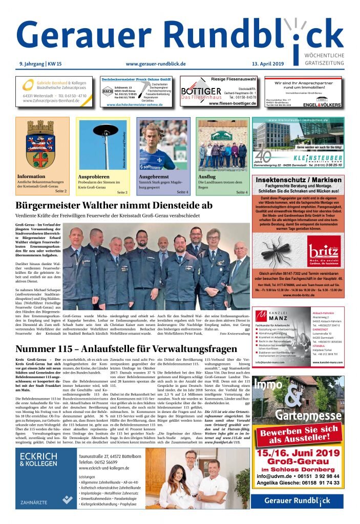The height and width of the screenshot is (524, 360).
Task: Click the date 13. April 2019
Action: click(x=282, y=63)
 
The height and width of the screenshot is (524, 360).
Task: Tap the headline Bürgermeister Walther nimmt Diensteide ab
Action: click(x=114, y=205)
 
